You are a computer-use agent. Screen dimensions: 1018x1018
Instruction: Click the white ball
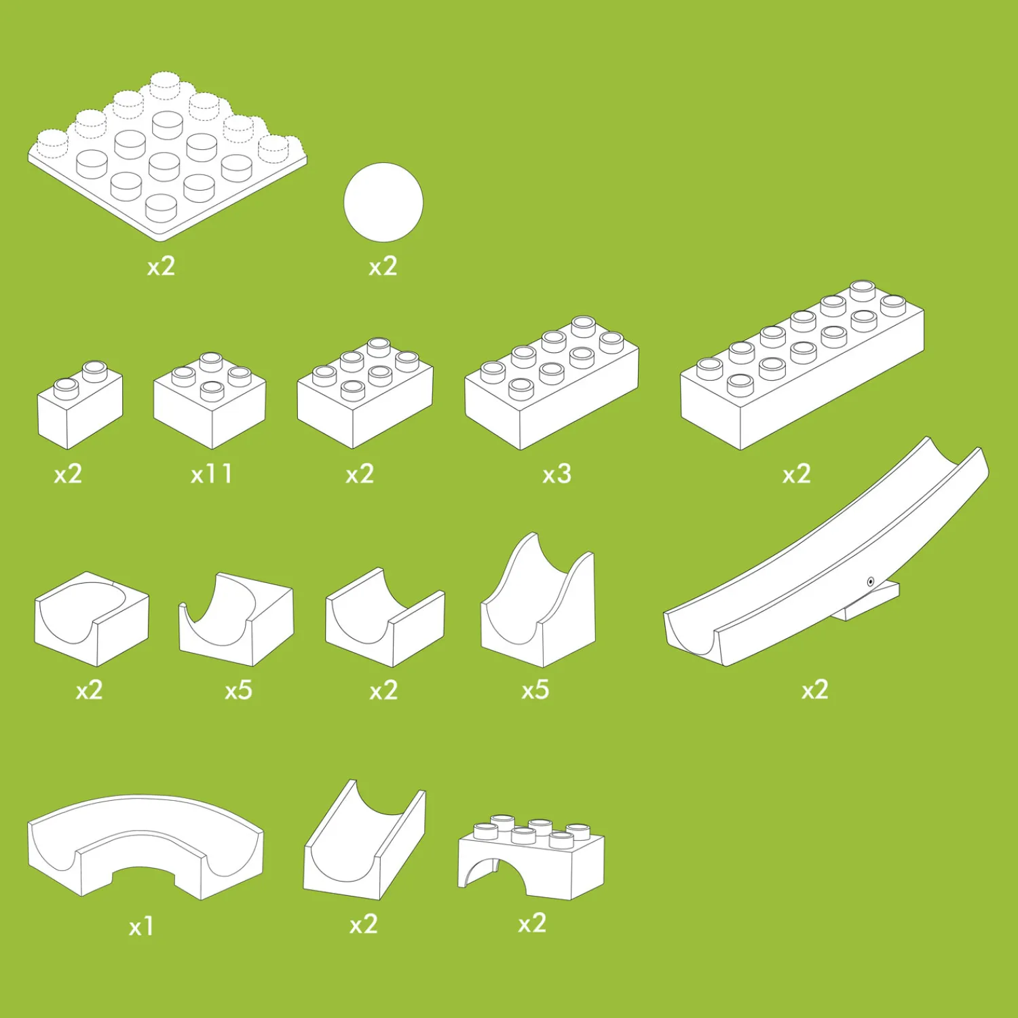click(x=383, y=202)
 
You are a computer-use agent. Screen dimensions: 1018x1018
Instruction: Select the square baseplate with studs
click(x=167, y=156)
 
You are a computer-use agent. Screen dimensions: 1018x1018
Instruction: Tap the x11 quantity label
click(x=212, y=474)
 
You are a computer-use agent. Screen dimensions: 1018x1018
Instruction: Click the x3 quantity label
click(x=557, y=474)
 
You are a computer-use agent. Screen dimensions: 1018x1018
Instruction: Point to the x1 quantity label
click(x=141, y=926)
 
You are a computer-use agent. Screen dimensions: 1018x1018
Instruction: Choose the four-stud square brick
click(x=210, y=400)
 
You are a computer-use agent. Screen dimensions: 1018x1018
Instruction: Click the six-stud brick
click(x=365, y=393)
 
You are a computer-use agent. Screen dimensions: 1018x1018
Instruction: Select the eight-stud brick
click(x=551, y=383)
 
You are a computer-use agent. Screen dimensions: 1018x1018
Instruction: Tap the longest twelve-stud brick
click(x=802, y=365)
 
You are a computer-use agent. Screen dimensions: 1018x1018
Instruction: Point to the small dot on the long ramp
click(x=871, y=582)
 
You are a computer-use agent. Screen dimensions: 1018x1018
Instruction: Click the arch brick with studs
click(x=531, y=856)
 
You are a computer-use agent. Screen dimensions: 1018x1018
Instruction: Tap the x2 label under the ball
click(x=383, y=267)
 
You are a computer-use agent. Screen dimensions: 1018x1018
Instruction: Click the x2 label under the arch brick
click(x=532, y=924)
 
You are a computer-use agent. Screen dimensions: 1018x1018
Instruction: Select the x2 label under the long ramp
click(x=815, y=690)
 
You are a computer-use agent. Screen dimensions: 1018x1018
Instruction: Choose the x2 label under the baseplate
click(x=161, y=266)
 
